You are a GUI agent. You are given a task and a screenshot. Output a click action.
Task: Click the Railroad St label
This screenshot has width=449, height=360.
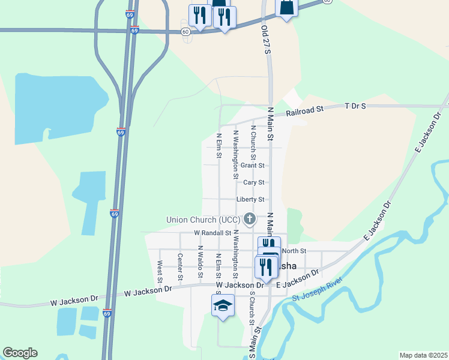pos(304,110)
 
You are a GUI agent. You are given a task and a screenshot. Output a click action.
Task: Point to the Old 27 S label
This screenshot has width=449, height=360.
pos(266,40)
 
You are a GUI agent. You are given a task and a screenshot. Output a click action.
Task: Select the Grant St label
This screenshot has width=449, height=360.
pos(252,165)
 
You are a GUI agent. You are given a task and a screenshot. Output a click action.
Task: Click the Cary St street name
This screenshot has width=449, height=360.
pos(254,182)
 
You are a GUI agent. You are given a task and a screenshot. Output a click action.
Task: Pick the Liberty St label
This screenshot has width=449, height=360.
pos(250,199)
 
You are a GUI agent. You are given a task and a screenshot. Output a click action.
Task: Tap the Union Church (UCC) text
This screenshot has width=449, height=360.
pos(203,220)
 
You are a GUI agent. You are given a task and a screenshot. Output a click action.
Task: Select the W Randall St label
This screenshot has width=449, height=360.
pos(212,233)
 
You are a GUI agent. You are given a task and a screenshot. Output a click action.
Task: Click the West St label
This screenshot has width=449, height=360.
pos(160,271)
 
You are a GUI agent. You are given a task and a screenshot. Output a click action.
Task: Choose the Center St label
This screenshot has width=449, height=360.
pos(180,267)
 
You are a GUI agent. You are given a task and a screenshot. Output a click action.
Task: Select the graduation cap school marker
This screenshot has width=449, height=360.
pos(223,306)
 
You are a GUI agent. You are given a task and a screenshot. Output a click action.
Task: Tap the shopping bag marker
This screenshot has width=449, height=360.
pos(287,7)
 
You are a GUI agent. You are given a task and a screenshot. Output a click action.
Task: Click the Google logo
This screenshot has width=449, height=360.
pos(20,353)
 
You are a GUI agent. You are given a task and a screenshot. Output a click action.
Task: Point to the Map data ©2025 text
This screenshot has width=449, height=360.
pos(423,355)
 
